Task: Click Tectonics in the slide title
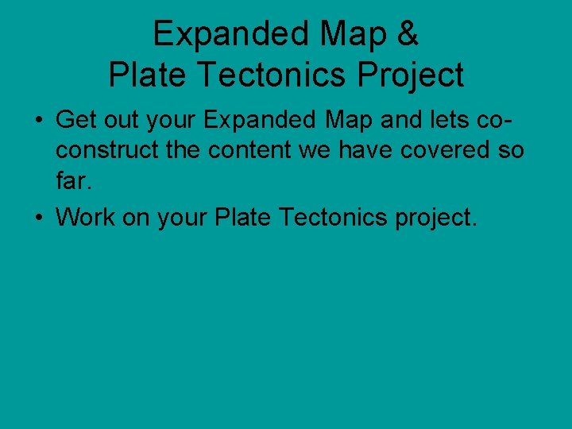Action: point(274,75)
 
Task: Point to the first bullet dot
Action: point(38,122)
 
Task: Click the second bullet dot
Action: point(38,217)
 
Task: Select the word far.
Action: point(75,182)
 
